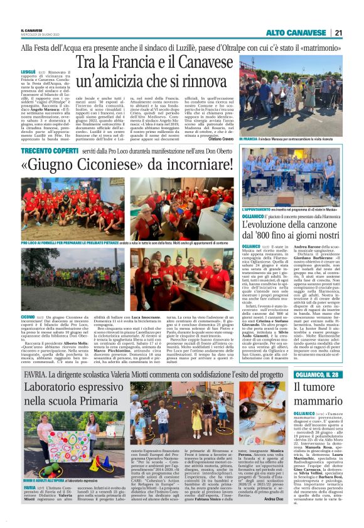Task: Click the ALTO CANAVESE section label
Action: pyautogui.click(x=296, y=33)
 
